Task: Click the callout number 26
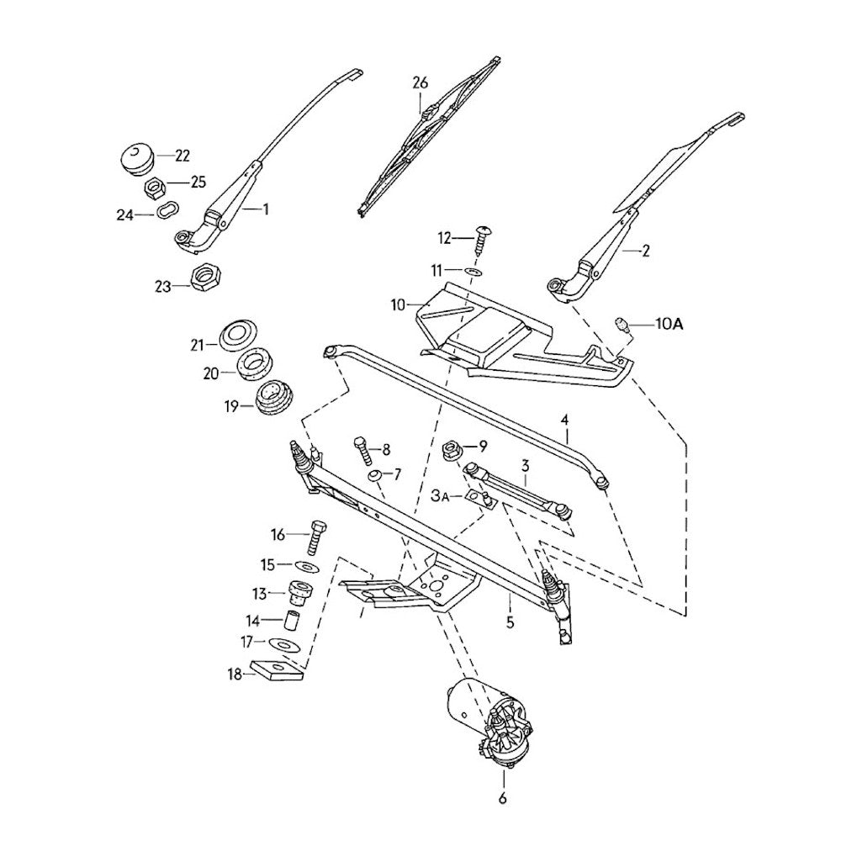click(x=420, y=82)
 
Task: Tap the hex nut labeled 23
click(x=204, y=277)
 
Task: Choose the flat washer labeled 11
click(x=473, y=272)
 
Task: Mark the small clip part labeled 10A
click(x=623, y=325)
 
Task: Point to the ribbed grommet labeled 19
click(x=272, y=398)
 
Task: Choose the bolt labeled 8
click(x=362, y=452)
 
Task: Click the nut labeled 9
click(x=450, y=449)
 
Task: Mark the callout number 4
click(x=565, y=418)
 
